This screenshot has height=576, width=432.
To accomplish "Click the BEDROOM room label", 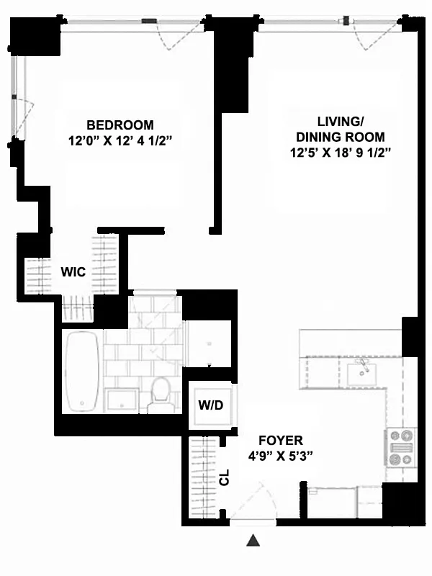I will (x=120, y=125).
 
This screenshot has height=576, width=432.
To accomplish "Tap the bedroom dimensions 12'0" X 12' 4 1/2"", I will (x=120, y=141).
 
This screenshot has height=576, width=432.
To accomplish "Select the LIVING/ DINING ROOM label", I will (x=340, y=128).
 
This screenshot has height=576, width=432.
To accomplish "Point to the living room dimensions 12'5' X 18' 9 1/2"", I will (x=340, y=153).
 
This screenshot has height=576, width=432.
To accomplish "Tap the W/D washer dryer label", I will (x=211, y=405).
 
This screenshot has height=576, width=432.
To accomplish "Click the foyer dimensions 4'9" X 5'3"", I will (x=281, y=456).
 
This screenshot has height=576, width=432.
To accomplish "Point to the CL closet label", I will (x=224, y=477).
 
